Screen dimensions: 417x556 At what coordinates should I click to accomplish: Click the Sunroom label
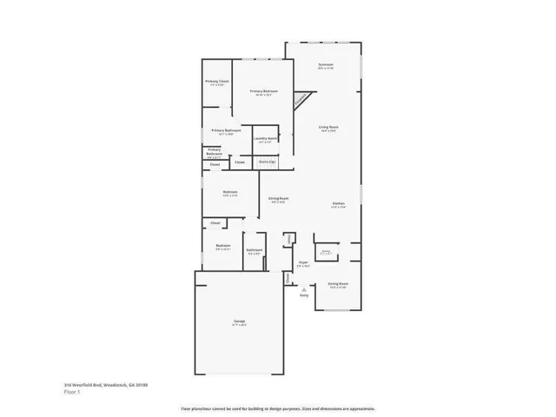click(x=326, y=66)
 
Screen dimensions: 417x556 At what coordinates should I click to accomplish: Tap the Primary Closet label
click(x=217, y=83)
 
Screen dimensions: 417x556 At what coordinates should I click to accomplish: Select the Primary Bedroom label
click(x=264, y=91)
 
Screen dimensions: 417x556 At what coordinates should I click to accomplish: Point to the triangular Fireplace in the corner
click(x=301, y=101)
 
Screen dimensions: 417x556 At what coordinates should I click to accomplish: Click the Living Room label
click(x=328, y=128)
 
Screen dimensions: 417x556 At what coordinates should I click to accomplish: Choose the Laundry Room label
click(x=265, y=139)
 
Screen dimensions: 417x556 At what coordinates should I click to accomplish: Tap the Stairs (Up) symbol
click(x=267, y=161)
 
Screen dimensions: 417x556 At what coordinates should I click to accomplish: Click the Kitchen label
click(x=339, y=205)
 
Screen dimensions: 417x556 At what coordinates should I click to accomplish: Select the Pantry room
click(x=326, y=252)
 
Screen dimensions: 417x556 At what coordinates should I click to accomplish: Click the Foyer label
click(x=304, y=262)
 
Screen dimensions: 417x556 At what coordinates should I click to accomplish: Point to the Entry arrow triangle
click(x=304, y=288)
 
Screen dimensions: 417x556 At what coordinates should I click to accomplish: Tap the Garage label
click(x=239, y=322)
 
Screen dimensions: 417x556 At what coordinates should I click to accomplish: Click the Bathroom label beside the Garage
click(x=254, y=251)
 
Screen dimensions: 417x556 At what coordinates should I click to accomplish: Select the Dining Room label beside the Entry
click(x=338, y=285)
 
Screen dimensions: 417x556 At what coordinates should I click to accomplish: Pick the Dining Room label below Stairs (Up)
click(x=278, y=199)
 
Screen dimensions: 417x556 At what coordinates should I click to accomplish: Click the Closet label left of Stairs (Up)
click(x=240, y=162)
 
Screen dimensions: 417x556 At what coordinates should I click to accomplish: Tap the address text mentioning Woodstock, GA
click(x=100, y=384)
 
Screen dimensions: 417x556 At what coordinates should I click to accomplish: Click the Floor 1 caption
click(x=73, y=392)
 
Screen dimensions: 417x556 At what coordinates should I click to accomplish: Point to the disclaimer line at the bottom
click(x=277, y=408)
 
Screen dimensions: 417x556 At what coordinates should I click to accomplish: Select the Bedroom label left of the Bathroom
click(x=223, y=247)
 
